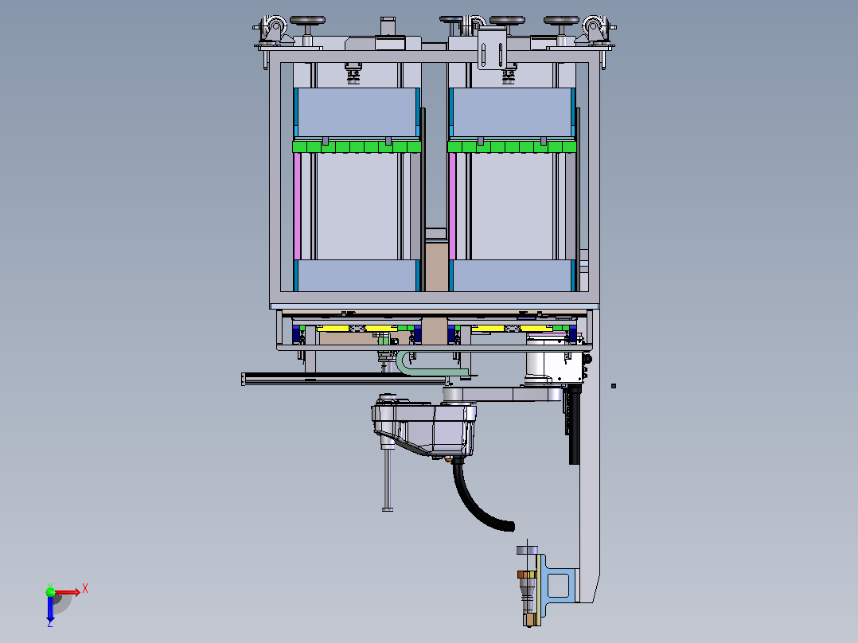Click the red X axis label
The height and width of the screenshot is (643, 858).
pyautogui.click(x=85, y=589)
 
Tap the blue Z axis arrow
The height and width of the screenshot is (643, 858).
pyautogui.click(x=50, y=610)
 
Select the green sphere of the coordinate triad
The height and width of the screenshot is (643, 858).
pyautogui.click(x=50, y=592)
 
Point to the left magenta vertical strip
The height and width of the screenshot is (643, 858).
pyautogui.click(x=297, y=206)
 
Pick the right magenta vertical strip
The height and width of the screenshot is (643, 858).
pyautogui.click(x=453, y=206)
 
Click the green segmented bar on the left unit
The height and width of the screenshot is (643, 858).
pyautogui.click(x=357, y=146)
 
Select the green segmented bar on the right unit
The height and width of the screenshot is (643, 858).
pyautogui.click(x=513, y=146)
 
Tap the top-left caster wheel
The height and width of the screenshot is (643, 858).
pyautogui.click(x=273, y=27)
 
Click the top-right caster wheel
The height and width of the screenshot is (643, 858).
pyautogui.click(x=595, y=27)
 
